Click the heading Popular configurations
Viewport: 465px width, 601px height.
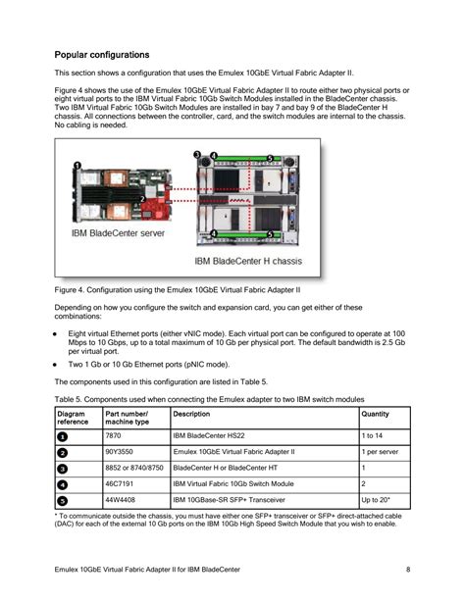101,55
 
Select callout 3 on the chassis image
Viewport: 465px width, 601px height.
198,155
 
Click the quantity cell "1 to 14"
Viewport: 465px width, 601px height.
373,434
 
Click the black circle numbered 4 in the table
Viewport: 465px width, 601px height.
62,483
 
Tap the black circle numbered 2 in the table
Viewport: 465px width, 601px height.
62,451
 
